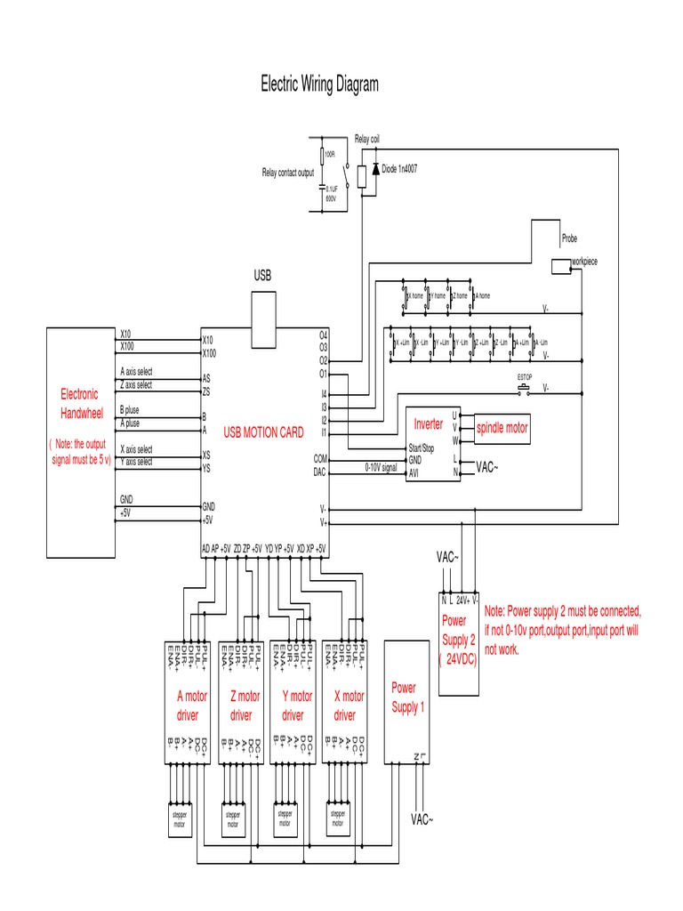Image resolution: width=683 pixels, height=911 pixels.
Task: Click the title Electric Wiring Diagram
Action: coord(319,85)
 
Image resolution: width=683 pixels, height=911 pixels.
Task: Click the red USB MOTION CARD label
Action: coord(263,432)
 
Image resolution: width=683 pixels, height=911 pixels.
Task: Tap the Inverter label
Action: coord(428,424)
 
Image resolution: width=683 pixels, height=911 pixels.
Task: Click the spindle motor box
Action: coord(503,428)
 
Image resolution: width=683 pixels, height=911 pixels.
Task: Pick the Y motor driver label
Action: coord(294,706)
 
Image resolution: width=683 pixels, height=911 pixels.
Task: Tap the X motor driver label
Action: coord(347,706)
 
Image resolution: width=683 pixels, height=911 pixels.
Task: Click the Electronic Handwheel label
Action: coord(80,403)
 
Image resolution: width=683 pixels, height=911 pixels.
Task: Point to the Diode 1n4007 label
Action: coord(399,168)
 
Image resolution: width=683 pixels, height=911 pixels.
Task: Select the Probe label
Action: coord(570,238)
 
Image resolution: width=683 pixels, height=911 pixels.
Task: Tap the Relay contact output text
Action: coord(288,173)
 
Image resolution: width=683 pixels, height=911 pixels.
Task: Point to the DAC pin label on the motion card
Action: coord(321,472)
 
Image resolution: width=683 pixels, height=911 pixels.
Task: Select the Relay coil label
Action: coord(368,140)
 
